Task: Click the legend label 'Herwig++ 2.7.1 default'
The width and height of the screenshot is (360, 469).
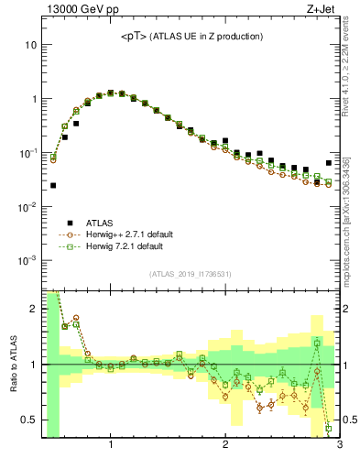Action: (x=136, y=234)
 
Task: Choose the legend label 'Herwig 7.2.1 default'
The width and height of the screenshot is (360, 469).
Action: (x=133, y=247)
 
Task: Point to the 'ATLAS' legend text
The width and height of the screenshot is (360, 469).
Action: (x=102, y=222)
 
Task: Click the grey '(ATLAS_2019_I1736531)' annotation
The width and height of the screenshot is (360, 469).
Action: (x=191, y=274)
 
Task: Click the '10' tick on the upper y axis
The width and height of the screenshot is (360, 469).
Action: (x=31, y=45)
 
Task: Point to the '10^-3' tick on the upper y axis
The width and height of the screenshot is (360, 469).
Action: (x=27, y=260)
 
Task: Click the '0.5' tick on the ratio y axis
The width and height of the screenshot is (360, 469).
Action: (x=28, y=420)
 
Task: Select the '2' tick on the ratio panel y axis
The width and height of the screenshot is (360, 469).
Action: (x=34, y=309)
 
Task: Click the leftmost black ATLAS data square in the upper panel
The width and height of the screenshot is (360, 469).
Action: (x=53, y=185)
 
